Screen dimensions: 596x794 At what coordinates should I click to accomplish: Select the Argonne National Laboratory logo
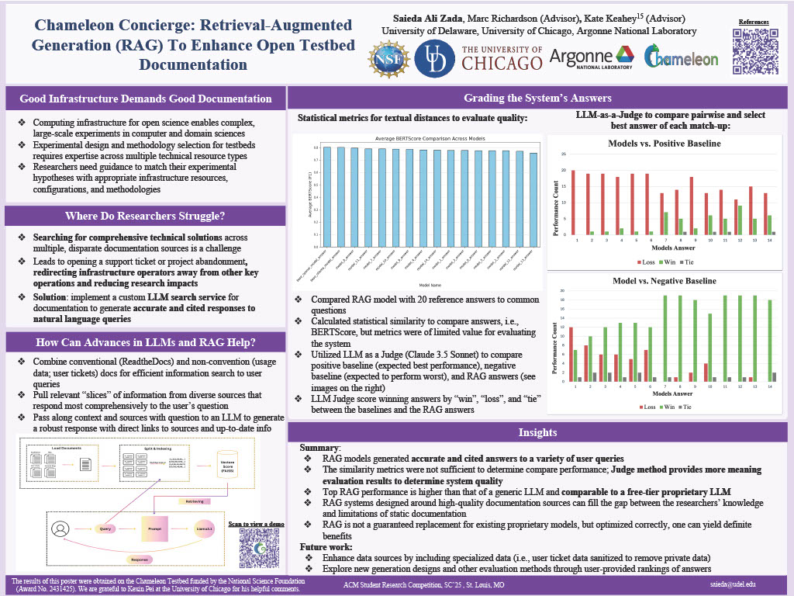[591, 57]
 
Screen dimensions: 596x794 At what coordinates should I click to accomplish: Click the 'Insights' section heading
[538, 432]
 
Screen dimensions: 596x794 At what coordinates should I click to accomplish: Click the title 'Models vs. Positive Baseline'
[666, 144]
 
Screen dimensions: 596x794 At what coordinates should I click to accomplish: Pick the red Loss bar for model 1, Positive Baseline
[573, 202]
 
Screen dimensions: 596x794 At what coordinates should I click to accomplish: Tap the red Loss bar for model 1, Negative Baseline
[571, 354]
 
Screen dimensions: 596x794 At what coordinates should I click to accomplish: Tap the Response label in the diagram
[140, 557]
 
